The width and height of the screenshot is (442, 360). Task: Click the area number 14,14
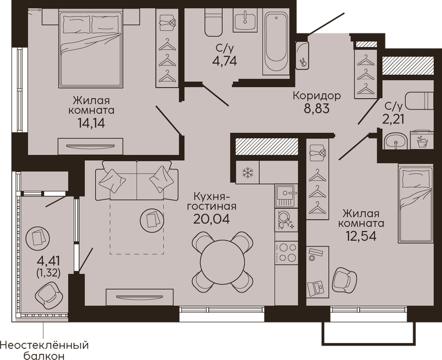click(92, 123)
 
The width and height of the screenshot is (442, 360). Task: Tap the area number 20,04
click(211, 219)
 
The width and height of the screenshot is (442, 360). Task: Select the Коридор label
click(317, 96)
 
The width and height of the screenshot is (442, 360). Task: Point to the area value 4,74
click(225, 61)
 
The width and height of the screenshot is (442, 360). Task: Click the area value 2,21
click(393, 119)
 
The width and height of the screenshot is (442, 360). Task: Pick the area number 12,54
click(361, 236)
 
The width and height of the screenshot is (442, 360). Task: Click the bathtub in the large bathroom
click(276, 42)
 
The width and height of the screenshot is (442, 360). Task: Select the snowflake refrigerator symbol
click(248, 172)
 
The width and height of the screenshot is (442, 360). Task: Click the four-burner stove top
click(287, 253)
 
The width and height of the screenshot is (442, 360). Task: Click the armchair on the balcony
click(48, 296)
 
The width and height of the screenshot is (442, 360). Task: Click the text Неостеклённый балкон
click(44, 350)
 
